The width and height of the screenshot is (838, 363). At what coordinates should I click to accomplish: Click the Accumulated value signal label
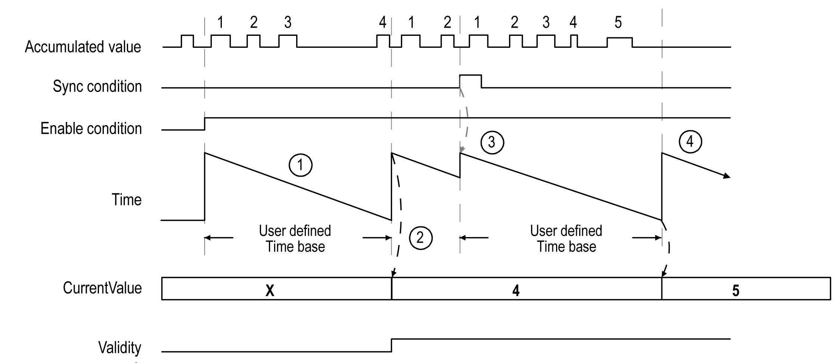tap(83, 47)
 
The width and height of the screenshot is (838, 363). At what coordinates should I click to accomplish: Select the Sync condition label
tap(97, 86)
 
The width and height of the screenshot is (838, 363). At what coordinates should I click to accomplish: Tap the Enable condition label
tap(91, 128)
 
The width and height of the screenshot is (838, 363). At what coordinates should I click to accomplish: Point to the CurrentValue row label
tap(102, 288)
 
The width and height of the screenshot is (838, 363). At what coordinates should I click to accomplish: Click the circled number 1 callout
tap(301, 165)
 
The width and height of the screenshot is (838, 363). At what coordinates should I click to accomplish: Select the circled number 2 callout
tap(420, 238)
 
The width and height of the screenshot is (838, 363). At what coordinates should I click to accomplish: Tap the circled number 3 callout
tap(492, 142)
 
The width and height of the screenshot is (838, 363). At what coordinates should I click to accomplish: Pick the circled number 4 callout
tap(690, 142)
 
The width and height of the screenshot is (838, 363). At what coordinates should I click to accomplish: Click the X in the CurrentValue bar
tap(270, 291)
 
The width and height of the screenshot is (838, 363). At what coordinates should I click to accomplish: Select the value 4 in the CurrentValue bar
tap(516, 291)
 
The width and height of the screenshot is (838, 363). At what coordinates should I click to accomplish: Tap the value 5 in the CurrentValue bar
tap(736, 291)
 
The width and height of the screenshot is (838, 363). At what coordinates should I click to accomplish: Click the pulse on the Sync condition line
tap(470, 76)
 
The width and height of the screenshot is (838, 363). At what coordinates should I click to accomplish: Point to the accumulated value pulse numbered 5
tap(620, 38)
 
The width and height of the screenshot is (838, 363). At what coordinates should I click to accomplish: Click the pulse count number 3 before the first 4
tap(288, 22)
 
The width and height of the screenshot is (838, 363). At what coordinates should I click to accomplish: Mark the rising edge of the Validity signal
tap(392, 345)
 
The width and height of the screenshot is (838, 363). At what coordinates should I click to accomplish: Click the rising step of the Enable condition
tap(205, 124)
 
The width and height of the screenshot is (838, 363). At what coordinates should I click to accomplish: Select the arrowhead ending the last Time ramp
tap(726, 176)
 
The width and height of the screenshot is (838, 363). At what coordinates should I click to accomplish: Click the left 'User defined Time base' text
tap(295, 239)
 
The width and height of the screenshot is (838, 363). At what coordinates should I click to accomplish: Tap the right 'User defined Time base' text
tap(566, 239)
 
